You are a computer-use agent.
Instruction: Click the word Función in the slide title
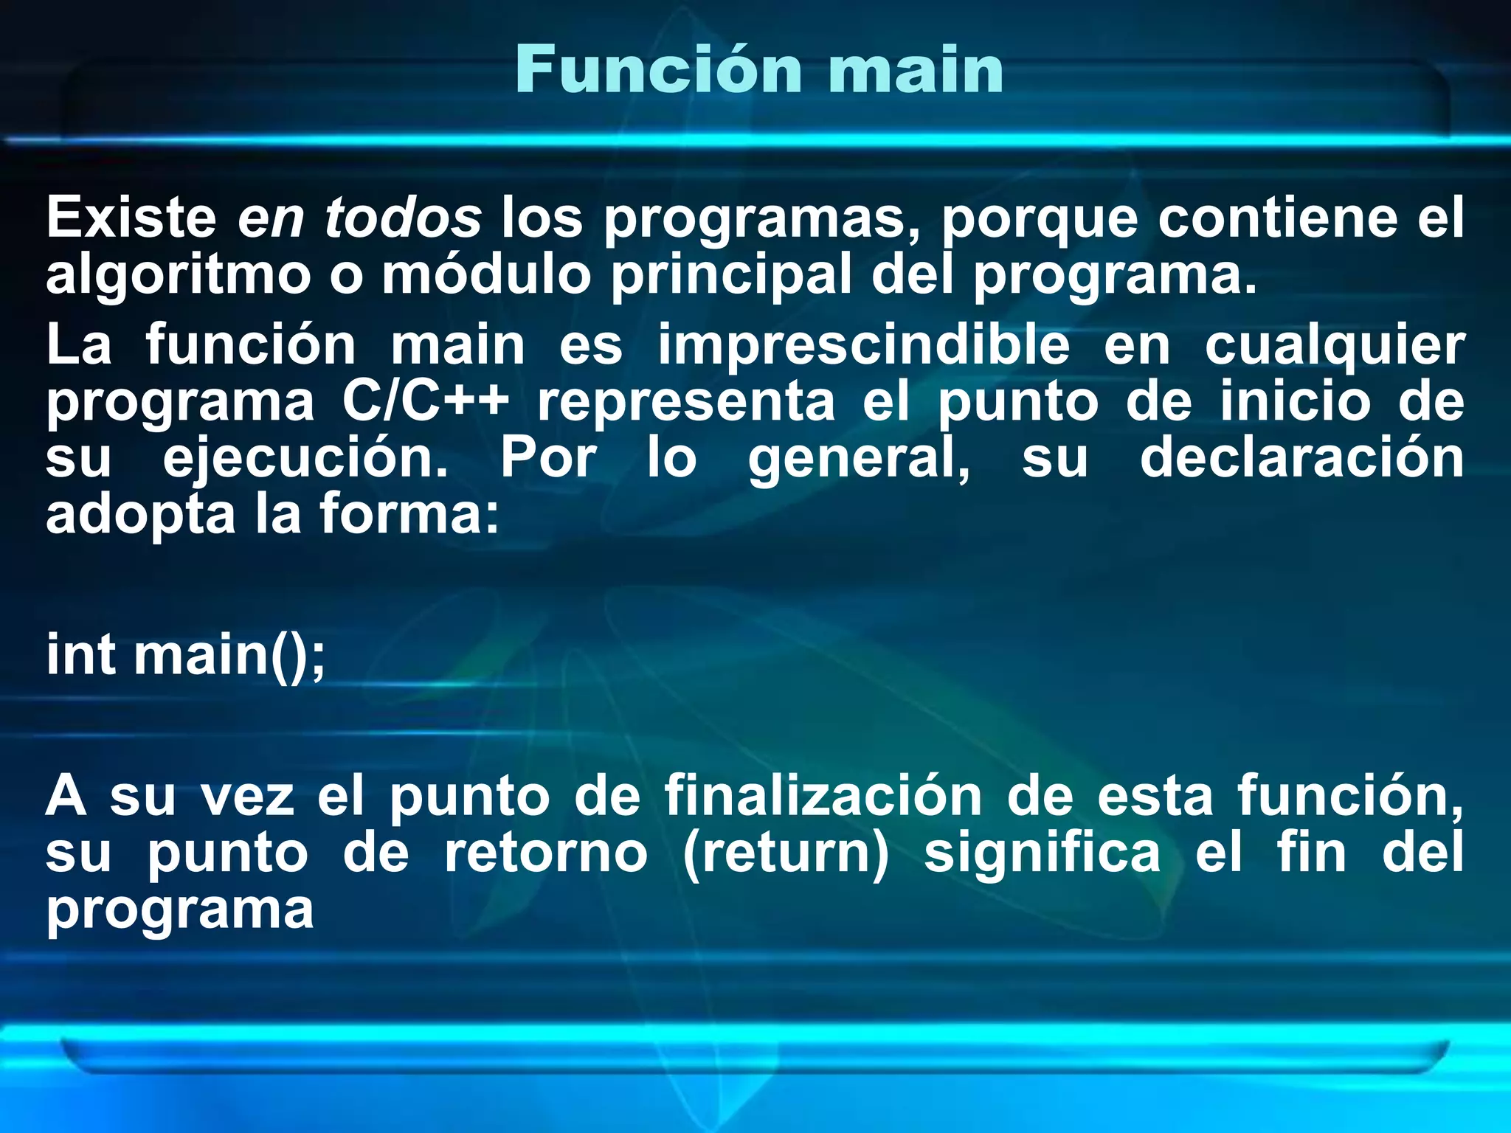[x=658, y=70]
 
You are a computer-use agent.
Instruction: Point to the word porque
[x=1040, y=219]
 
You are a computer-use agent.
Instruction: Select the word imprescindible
[x=864, y=344]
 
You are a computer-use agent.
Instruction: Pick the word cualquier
[x=1335, y=346]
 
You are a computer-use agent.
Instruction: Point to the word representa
[x=686, y=402]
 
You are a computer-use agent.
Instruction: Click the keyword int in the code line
[x=81, y=654]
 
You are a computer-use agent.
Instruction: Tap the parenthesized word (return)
[x=786, y=853]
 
